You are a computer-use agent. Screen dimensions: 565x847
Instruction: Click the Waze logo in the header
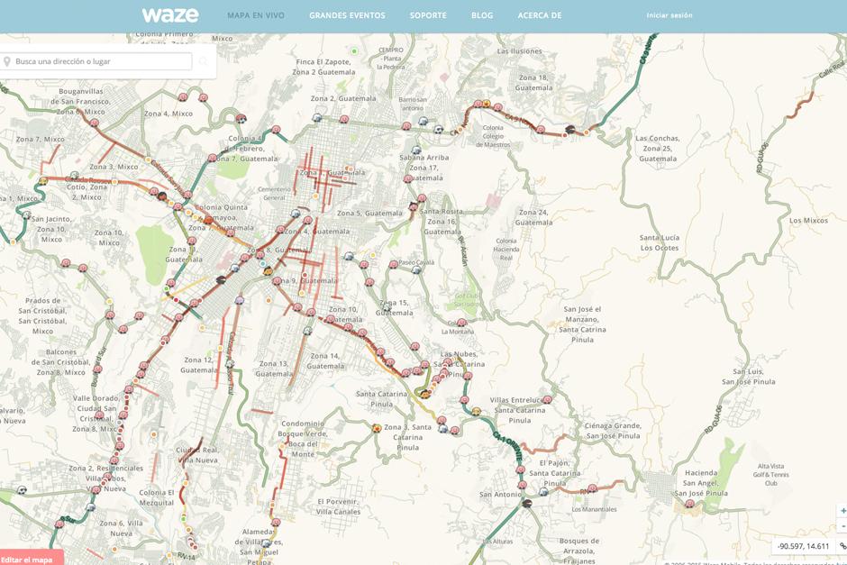(x=169, y=15)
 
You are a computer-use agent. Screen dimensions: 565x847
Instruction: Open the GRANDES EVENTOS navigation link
(x=347, y=15)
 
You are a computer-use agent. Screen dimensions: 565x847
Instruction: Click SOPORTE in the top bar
(x=428, y=15)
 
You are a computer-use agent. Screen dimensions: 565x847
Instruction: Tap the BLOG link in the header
(x=482, y=15)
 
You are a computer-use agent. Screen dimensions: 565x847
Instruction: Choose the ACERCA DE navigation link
(x=540, y=15)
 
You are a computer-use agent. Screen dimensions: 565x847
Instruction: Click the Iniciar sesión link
(x=669, y=15)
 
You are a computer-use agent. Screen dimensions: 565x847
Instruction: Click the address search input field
(x=101, y=61)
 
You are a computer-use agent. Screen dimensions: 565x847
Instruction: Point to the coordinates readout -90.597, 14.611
(x=803, y=546)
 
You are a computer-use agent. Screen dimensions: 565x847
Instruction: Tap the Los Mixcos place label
(x=808, y=220)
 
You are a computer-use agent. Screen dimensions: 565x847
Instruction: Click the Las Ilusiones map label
(x=527, y=51)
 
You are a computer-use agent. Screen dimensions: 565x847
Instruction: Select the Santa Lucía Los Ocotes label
(x=660, y=242)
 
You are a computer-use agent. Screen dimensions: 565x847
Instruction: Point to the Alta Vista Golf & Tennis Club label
(x=770, y=474)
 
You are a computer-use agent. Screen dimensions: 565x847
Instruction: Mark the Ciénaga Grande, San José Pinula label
(x=612, y=430)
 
